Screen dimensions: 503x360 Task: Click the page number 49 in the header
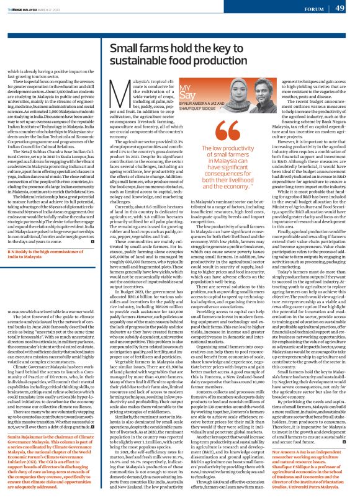pyautogui.click(x=340, y=8)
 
